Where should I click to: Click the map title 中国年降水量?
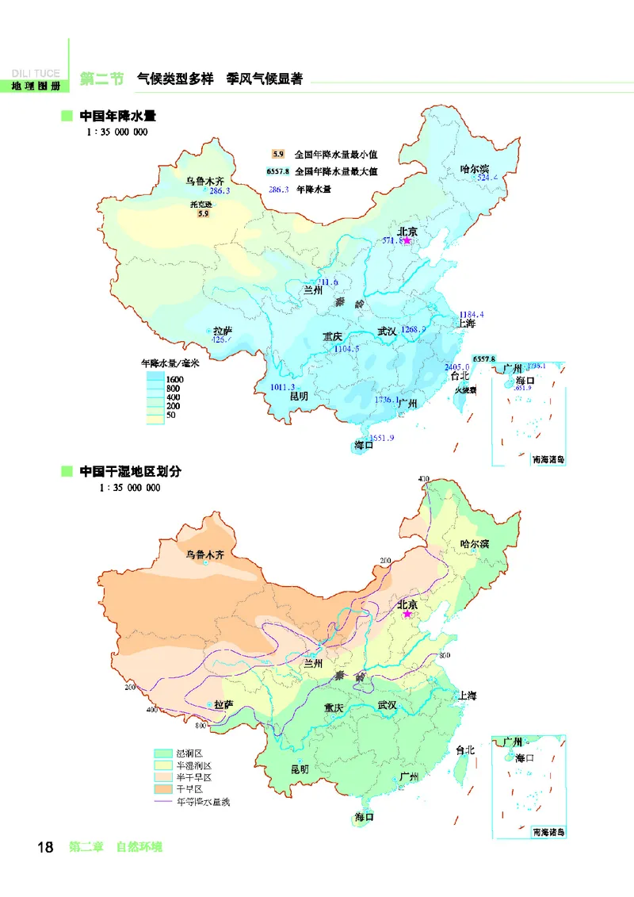(117, 117)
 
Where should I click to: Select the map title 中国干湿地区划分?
(130, 471)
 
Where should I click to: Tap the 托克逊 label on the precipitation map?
(202, 204)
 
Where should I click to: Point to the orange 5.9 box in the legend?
(277, 155)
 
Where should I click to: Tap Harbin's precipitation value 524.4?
(487, 178)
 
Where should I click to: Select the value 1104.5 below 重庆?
(346, 348)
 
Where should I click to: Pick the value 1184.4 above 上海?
(471, 315)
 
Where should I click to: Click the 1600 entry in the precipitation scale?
(175, 379)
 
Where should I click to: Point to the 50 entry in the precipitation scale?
(171, 416)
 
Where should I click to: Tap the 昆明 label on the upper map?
(299, 396)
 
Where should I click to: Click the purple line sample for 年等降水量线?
(163, 802)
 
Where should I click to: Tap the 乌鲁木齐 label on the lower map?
(205, 554)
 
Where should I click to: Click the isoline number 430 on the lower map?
(423, 479)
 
